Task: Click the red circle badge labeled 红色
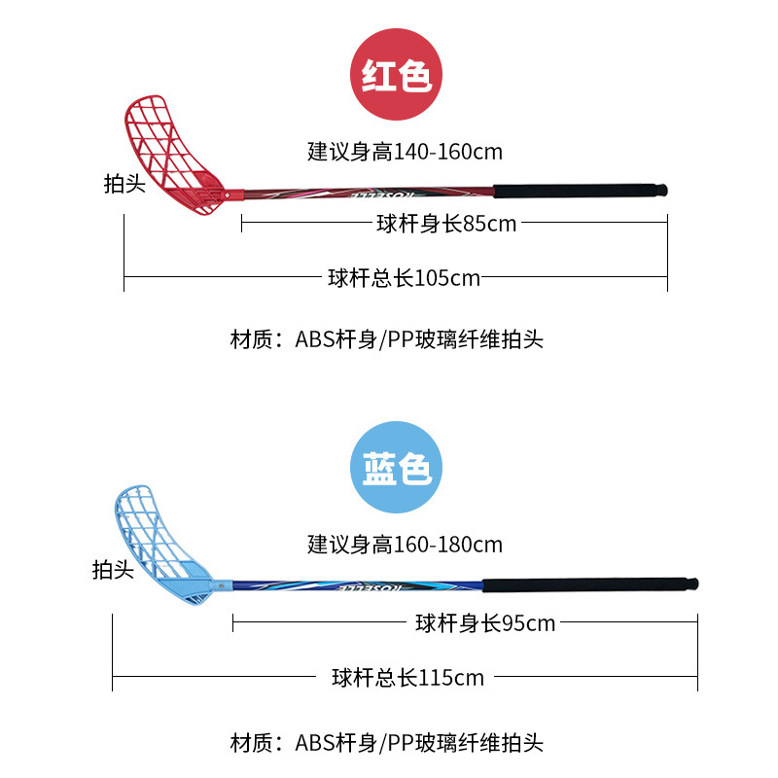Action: point(396,75)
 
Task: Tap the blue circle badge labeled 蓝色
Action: point(396,468)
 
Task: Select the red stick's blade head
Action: point(175,151)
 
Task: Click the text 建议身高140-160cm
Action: point(405,152)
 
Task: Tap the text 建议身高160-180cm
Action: point(405,544)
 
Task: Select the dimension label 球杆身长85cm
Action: point(446,224)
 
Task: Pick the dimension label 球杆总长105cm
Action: point(405,278)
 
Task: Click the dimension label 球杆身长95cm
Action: point(485,623)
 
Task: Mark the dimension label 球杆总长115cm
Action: point(407,678)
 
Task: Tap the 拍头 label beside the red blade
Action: point(125,183)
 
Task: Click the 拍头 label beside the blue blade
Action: point(112,570)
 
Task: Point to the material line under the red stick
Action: point(386,339)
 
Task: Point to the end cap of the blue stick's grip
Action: point(692,585)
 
